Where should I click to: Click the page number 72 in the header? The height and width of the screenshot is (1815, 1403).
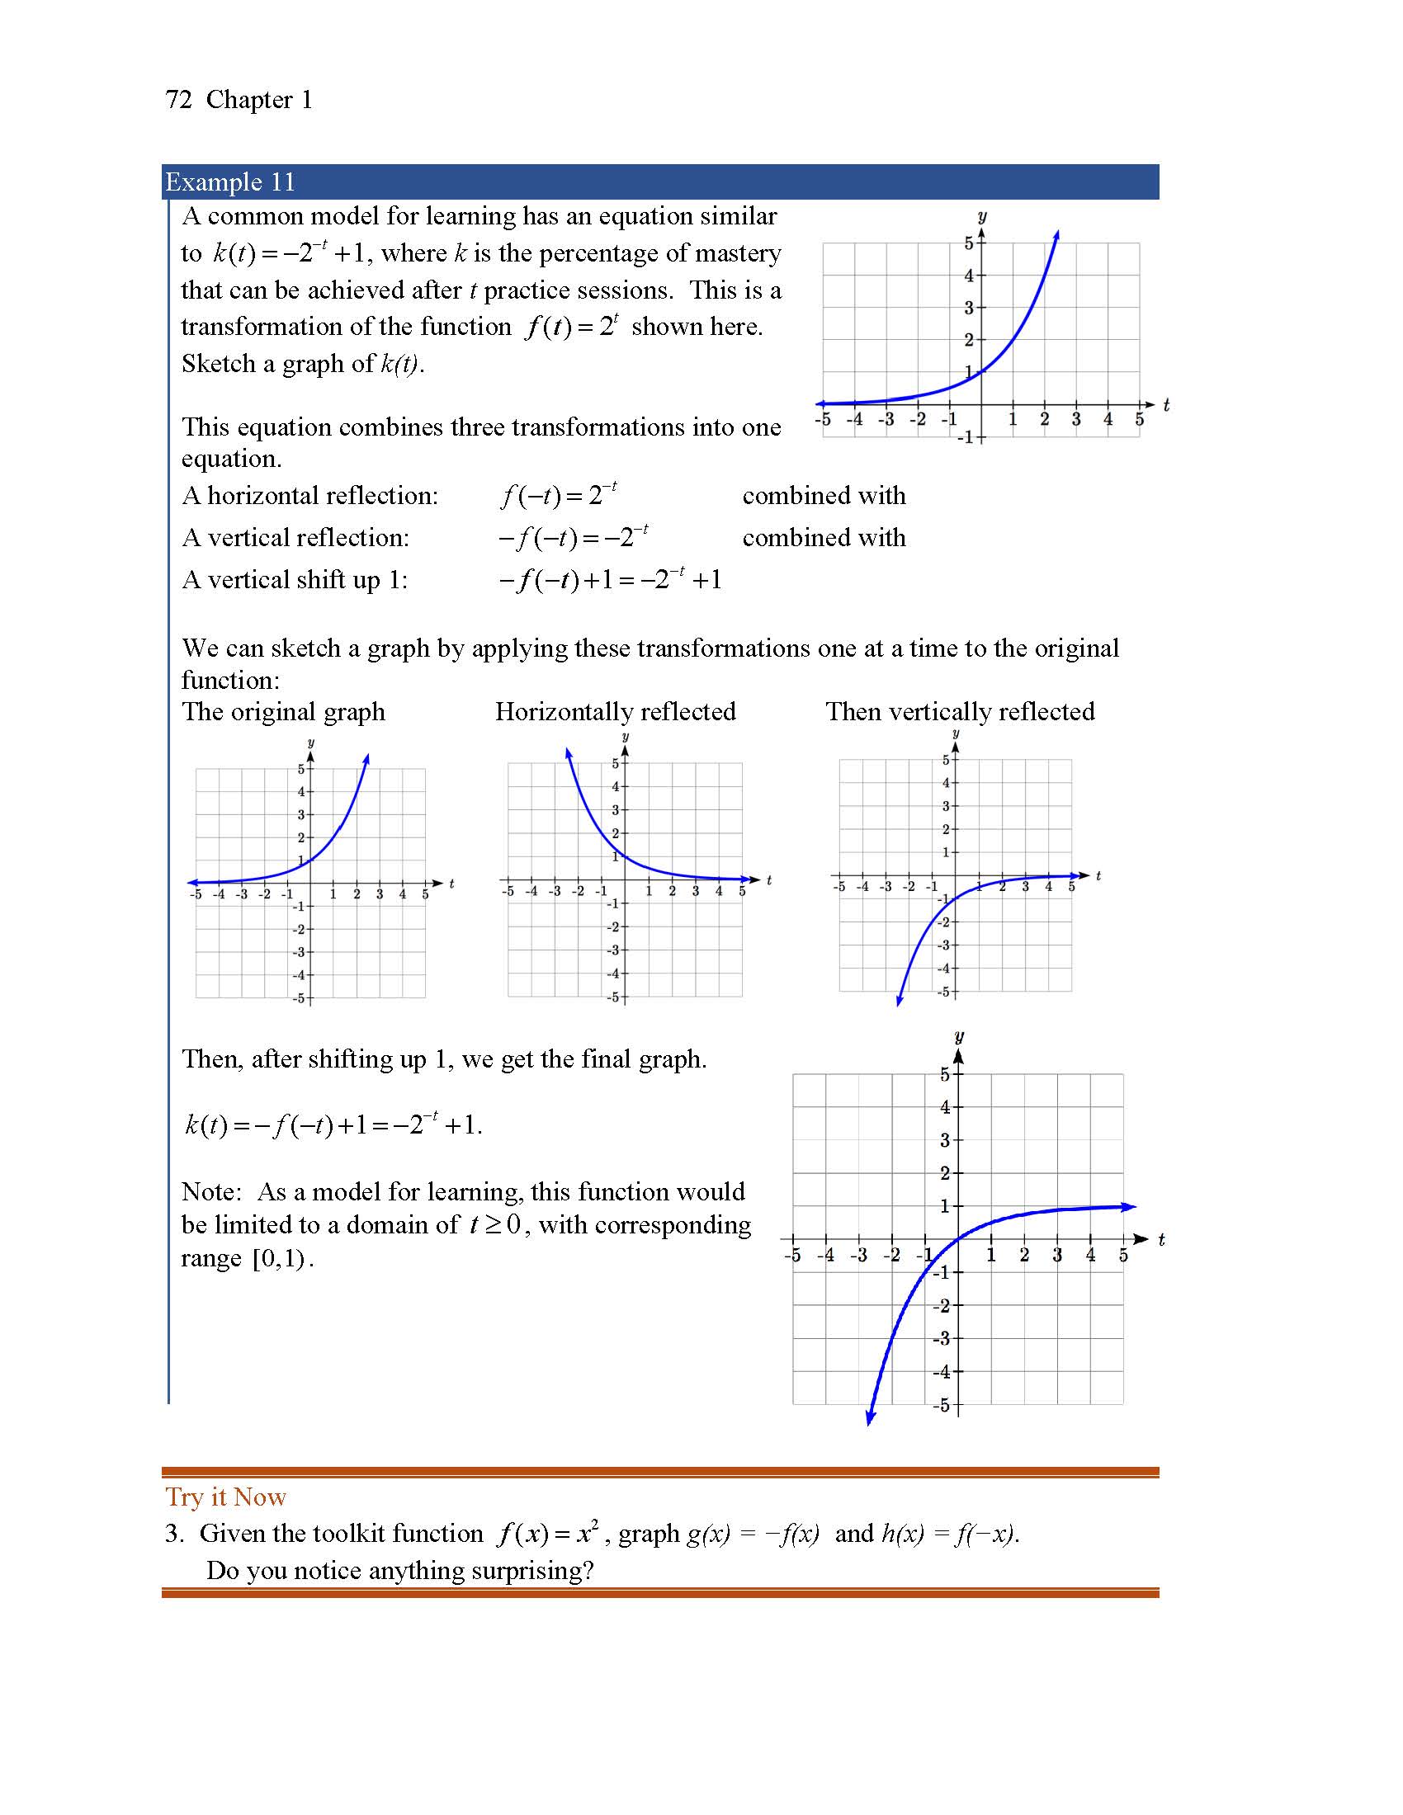coord(179,100)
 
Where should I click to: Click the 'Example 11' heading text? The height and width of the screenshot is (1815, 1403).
coord(230,182)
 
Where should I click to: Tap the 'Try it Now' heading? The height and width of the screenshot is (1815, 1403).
coord(225,1497)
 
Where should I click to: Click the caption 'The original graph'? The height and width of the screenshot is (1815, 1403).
coord(283,712)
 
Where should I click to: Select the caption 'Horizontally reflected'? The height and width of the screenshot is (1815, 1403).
coord(615,712)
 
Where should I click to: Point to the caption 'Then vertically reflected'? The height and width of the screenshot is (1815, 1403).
coord(960,712)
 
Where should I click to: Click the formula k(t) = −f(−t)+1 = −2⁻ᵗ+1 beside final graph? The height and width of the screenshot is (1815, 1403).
coord(333,1125)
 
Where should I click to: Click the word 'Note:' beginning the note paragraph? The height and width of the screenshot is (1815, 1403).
coord(211,1192)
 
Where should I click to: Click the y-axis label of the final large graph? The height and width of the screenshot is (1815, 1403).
coord(959,1036)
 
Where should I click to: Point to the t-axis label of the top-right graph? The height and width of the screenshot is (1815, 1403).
coord(1166,405)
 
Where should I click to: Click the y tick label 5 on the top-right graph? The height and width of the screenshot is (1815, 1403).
coord(968,243)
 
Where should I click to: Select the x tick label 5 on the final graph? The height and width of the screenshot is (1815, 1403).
coord(1123,1256)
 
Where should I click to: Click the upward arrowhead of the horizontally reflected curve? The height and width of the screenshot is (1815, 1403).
coord(569,753)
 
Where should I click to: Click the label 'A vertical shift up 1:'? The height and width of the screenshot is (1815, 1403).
coord(295,580)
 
